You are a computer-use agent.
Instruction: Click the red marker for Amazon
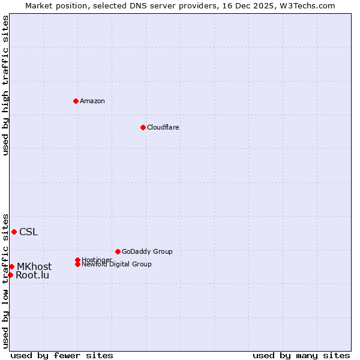point(76,101)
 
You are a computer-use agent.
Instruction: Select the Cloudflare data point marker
point(143,127)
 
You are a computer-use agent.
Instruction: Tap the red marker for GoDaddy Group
point(118,251)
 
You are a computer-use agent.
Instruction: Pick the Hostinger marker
point(77,260)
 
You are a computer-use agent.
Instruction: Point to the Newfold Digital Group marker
point(77,264)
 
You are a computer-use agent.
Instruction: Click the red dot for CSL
point(14,232)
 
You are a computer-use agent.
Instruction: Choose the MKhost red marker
point(11,266)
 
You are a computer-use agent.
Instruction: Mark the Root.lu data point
point(10,275)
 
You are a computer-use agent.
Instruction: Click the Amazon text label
point(92,101)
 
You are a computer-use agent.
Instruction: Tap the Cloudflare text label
point(163,127)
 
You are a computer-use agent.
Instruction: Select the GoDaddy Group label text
point(147,251)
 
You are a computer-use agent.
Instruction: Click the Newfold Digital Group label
point(116,265)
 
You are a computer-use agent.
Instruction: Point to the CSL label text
point(28,232)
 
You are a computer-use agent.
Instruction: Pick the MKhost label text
point(34,267)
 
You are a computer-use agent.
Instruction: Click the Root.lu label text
point(32,275)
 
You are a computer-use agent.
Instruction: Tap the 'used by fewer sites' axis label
point(62,355)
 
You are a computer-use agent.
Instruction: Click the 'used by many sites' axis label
point(301,355)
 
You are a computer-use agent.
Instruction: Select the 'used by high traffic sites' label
point(6,85)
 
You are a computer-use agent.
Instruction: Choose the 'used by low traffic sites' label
point(6,281)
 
